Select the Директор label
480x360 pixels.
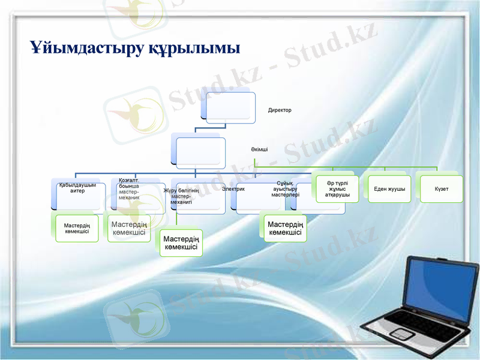click(280, 110)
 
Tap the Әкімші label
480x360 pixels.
click(259, 148)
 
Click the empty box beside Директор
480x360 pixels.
click(228, 108)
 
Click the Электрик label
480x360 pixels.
click(233, 189)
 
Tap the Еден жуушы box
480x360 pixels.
click(389, 189)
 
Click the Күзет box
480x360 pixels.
click(442, 189)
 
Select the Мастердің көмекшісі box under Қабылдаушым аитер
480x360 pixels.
click(77, 229)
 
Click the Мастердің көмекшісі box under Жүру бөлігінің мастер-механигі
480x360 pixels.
click(182, 243)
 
